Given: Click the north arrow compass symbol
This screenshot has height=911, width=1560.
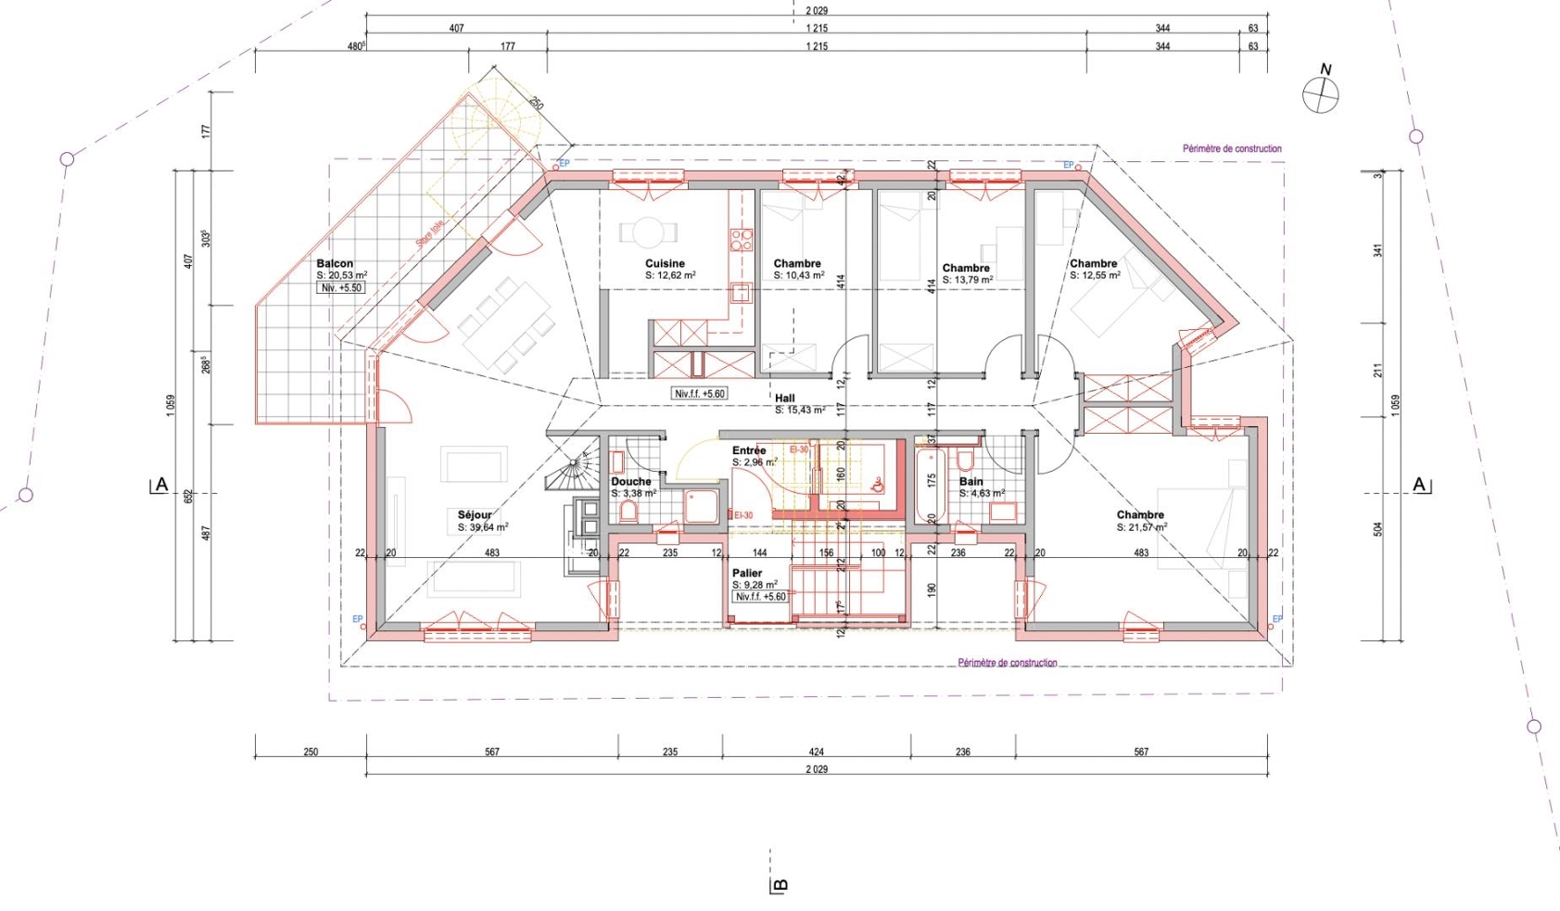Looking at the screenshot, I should (1320, 95).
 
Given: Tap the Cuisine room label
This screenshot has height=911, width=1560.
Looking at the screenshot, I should (665, 264).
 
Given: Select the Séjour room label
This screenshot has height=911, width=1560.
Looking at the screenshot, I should (475, 515).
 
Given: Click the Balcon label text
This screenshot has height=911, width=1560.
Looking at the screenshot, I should (334, 264).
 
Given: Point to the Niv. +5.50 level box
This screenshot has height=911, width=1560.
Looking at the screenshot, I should (341, 288).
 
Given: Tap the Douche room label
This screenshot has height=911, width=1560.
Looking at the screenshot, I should (630, 482).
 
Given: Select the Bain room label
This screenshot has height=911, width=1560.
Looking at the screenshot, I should (970, 482).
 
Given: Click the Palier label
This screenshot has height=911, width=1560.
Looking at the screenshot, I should (746, 574).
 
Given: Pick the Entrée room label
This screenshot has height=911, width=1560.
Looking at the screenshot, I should (748, 450).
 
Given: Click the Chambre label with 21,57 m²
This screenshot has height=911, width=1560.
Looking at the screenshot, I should (1140, 515).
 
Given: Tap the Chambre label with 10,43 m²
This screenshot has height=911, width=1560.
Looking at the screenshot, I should (797, 264).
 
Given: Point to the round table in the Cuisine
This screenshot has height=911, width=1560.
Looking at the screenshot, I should (648, 232).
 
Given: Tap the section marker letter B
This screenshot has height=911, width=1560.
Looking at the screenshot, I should (780, 886).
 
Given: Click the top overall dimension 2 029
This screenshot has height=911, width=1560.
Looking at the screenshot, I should (793, 10).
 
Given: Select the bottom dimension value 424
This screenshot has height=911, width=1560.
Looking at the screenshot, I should (816, 753).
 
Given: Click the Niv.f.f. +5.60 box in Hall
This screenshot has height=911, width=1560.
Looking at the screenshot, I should (700, 394).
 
